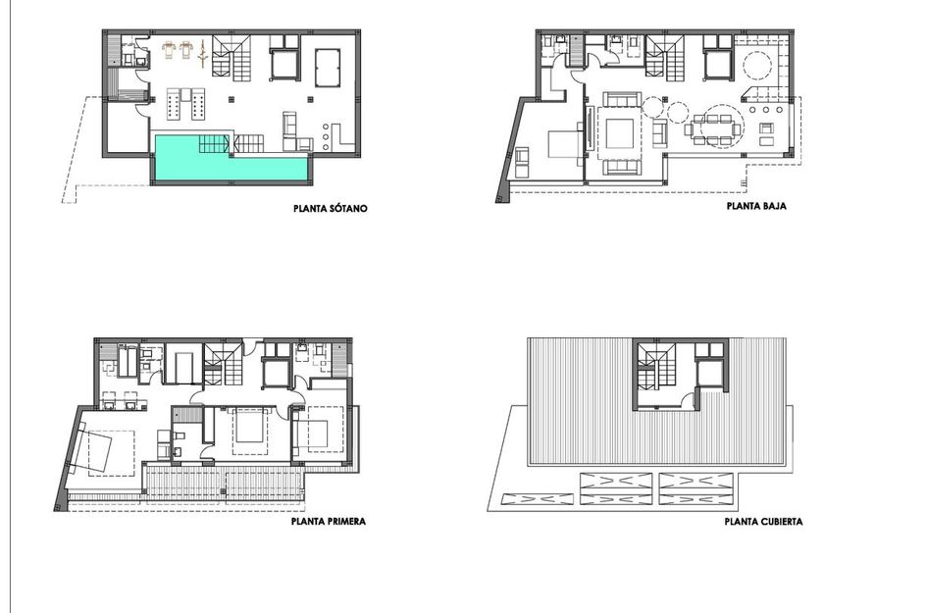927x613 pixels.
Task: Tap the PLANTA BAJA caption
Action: pos(755,208)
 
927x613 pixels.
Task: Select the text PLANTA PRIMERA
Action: pos(329,522)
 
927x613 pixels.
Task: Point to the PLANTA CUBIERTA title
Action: pos(762,522)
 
